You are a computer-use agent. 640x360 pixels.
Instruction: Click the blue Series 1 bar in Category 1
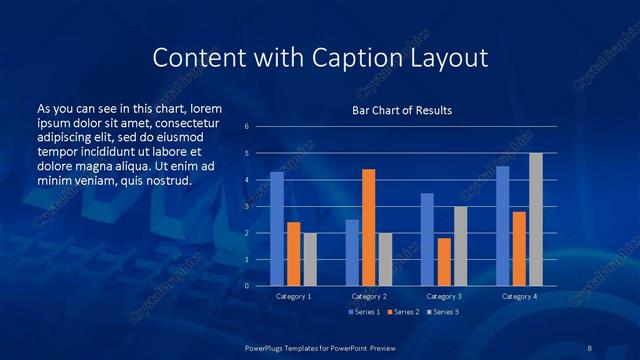(x=277, y=229)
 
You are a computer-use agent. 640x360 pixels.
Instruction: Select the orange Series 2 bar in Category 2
(x=368, y=227)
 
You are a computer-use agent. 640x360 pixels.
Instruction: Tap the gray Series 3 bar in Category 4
(x=535, y=219)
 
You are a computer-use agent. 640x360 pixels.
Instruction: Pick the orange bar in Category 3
(x=443, y=262)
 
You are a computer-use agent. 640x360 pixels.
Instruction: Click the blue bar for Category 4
(x=502, y=226)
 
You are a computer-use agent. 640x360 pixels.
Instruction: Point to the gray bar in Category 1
(x=310, y=259)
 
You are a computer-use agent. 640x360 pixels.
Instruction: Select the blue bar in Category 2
(x=352, y=253)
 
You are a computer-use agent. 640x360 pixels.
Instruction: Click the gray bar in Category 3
(x=460, y=246)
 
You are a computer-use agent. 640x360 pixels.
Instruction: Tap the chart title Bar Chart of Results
(x=402, y=110)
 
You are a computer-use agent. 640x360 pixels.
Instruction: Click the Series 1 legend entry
(x=364, y=313)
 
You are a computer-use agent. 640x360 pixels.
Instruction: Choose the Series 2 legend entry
(x=403, y=313)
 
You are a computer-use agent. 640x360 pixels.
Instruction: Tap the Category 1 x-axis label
(x=293, y=296)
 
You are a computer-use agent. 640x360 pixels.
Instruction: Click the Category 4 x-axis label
(x=518, y=296)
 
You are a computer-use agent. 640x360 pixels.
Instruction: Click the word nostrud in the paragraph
(x=163, y=180)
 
